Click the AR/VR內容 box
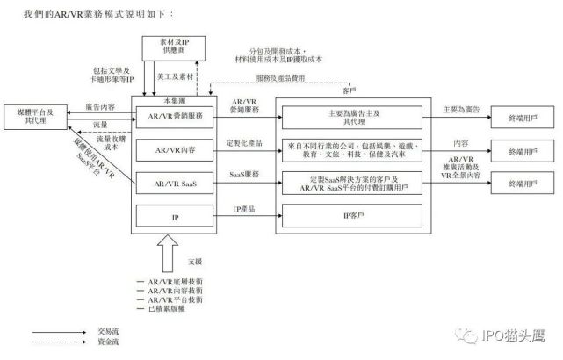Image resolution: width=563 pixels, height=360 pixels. (x=177, y=150)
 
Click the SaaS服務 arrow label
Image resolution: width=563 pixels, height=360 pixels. (x=245, y=174)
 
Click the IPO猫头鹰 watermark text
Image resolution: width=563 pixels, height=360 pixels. (x=520, y=335)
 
